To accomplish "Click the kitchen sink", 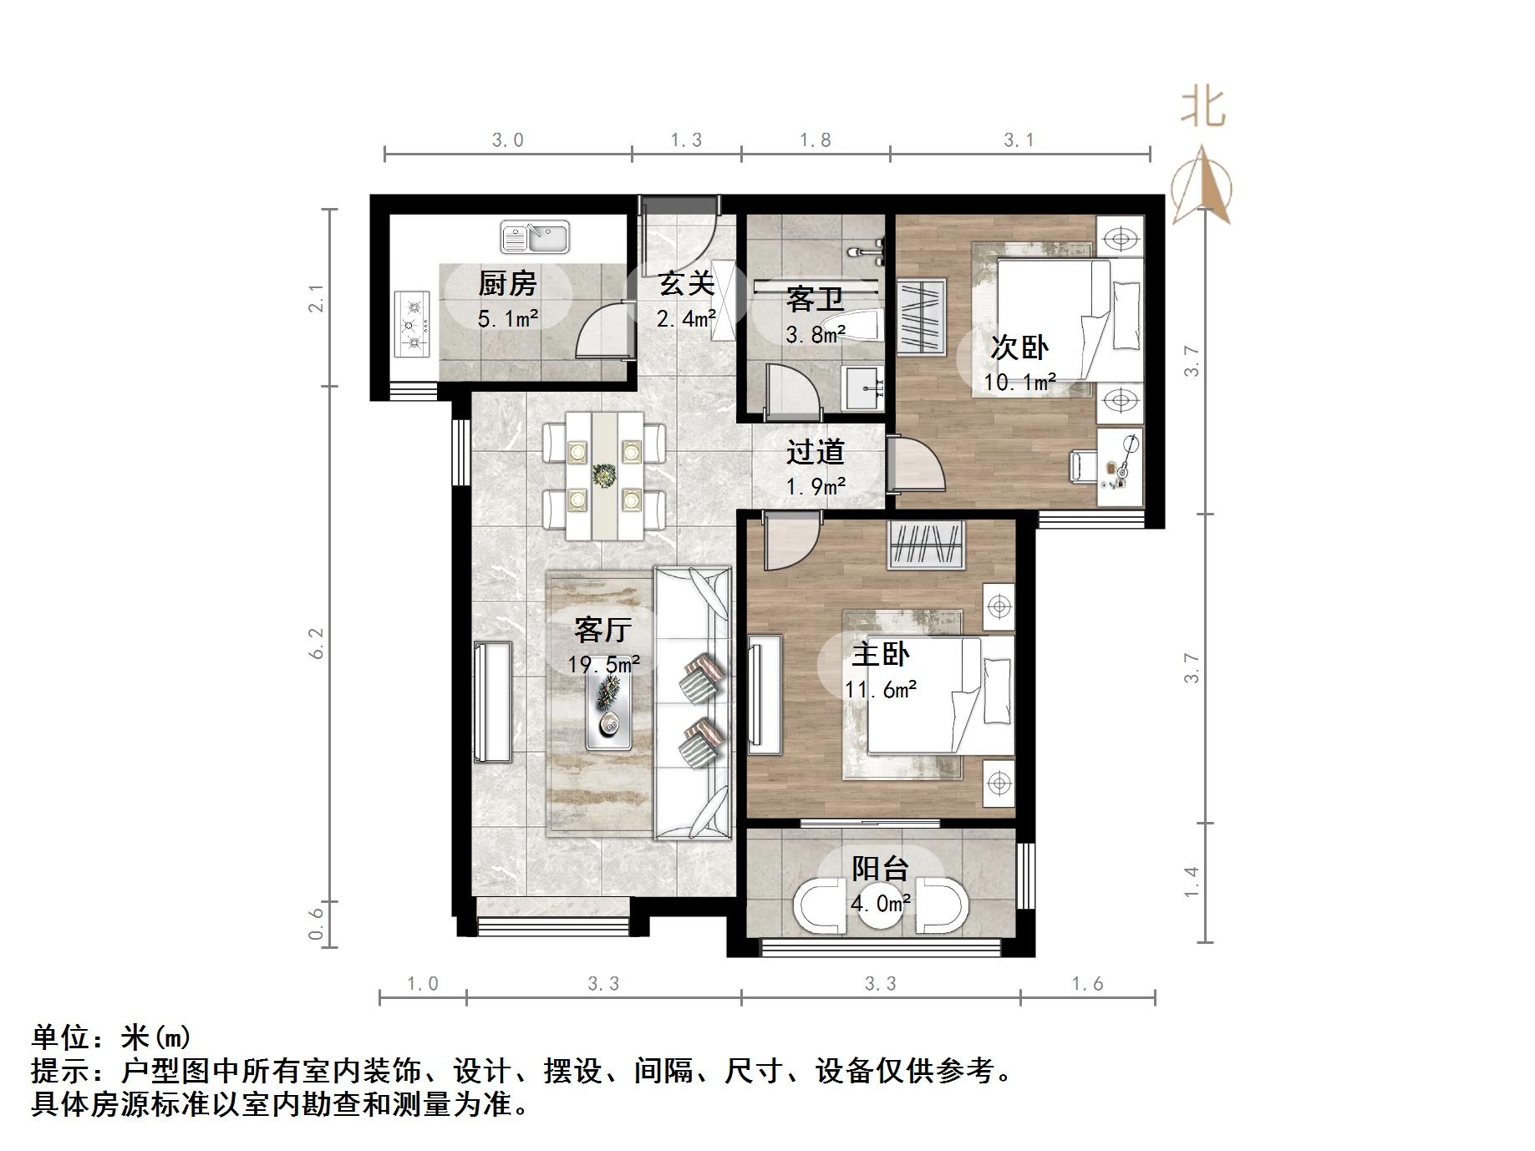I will pyautogui.click(x=535, y=237).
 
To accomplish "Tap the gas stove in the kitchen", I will pyautogui.click(x=411, y=325).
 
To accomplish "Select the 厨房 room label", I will pyautogui.click(x=507, y=284).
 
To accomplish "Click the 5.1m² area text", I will pyautogui.click(x=507, y=318).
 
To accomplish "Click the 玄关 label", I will pyautogui.click(x=686, y=283).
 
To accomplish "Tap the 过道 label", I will pyautogui.click(x=815, y=453).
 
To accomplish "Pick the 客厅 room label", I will pyautogui.click(x=602, y=629).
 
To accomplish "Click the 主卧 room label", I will pyautogui.click(x=880, y=654).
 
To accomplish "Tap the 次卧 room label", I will pyautogui.click(x=1019, y=347).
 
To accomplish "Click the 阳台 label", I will pyautogui.click(x=880, y=869).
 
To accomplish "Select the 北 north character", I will pyautogui.click(x=1203, y=108).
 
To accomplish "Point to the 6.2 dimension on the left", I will pyautogui.click(x=317, y=643).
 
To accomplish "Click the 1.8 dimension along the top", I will pyautogui.click(x=815, y=140).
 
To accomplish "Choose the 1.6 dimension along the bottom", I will pyautogui.click(x=1087, y=984).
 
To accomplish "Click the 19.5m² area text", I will pyautogui.click(x=603, y=665).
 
